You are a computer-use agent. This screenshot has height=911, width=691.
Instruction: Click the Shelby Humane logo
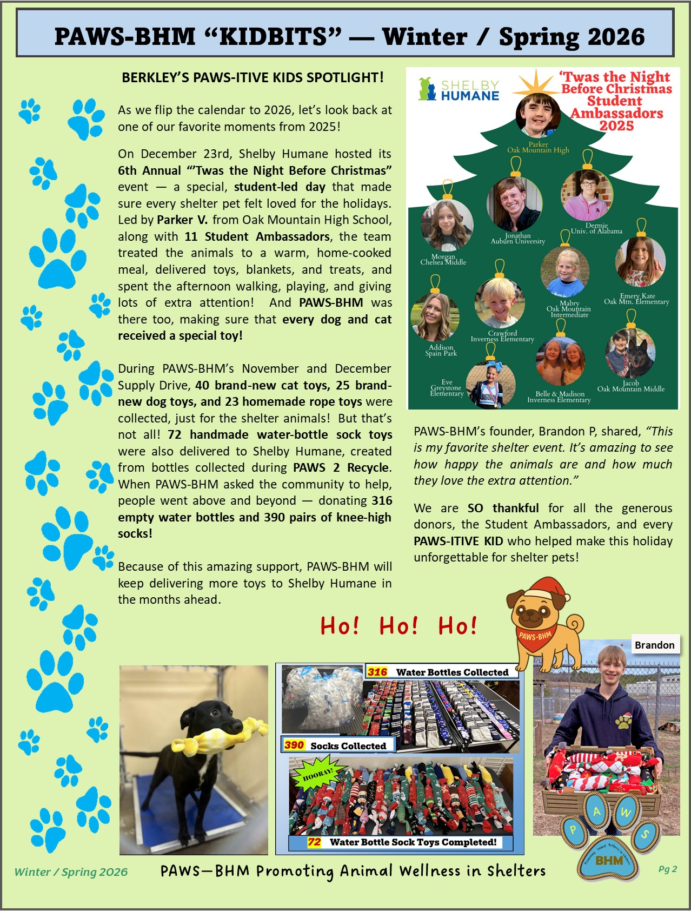(x=459, y=90)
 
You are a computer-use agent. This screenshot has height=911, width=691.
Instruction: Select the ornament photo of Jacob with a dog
(x=630, y=353)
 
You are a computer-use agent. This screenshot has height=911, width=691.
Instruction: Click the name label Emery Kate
(x=637, y=296)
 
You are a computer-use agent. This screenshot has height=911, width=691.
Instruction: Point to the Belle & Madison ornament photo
(x=560, y=361)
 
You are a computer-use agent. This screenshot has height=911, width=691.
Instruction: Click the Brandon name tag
(x=654, y=645)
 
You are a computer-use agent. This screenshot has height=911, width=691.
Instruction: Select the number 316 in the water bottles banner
(x=377, y=672)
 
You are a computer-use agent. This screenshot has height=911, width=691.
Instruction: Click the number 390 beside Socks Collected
(x=294, y=745)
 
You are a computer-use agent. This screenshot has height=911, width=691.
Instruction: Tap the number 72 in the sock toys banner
(x=314, y=842)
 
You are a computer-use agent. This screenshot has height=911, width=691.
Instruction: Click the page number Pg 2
(x=667, y=869)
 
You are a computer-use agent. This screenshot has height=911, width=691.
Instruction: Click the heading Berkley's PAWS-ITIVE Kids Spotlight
(x=253, y=77)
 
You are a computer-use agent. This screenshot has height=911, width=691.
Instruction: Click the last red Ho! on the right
(x=457, y=626)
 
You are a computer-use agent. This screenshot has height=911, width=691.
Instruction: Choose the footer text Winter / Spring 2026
(x=71, y=872)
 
